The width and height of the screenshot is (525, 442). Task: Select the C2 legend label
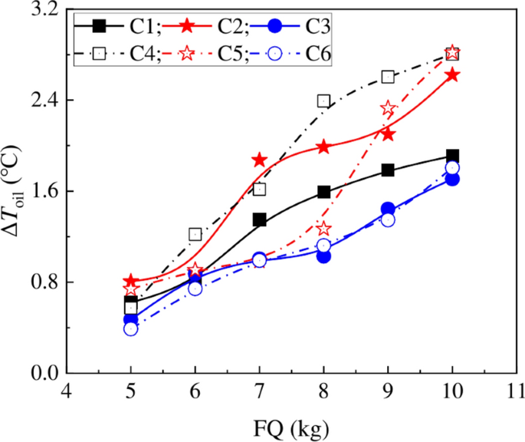tap(231, 27)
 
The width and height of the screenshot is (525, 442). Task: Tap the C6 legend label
tap(318, 54)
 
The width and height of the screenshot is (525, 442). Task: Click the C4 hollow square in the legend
tap(98, 54)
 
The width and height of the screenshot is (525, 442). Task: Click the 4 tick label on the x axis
tap(67, 389)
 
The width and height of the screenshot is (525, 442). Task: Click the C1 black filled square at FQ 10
tap(452, 157)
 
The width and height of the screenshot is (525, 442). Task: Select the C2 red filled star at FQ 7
tap(259, 160)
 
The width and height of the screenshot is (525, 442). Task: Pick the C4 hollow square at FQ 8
tap(323, 101)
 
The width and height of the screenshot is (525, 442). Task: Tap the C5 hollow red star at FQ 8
tap(323, 229)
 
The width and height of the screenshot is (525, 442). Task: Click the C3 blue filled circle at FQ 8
tap(323, 256)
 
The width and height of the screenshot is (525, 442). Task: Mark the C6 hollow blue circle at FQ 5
tap(130, 328)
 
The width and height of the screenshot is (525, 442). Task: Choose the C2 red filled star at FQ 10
tap(452, 75)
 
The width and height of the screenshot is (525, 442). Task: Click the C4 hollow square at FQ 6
tap(195, 235)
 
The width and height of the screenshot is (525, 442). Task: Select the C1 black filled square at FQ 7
tap(259, 220)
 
